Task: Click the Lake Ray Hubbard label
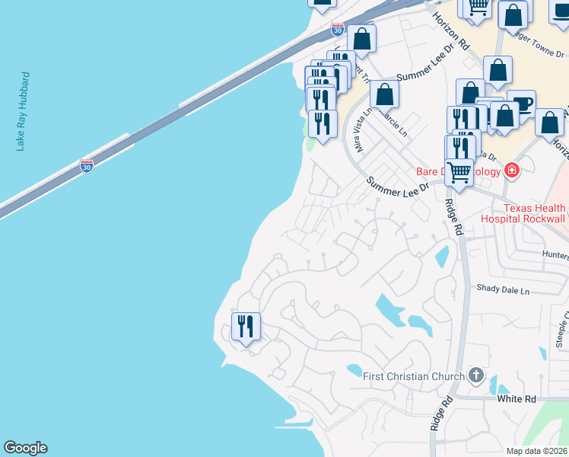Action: point(24,112)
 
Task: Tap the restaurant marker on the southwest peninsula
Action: point(246,327)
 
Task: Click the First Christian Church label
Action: point(413,376)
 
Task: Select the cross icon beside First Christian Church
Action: point(476,374)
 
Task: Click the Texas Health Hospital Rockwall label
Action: point(523,213)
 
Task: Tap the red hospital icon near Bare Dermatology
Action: point(511,171)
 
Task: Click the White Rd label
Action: point(517,399)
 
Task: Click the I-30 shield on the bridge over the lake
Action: point(87,165)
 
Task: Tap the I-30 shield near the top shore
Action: point(338,30)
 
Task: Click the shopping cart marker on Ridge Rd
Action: point(459,172)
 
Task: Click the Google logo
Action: point(25,448)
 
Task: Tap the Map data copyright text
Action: point(536,451)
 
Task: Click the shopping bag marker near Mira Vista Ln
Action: point(384,94)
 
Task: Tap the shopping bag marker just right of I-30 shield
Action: point(362,39)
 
